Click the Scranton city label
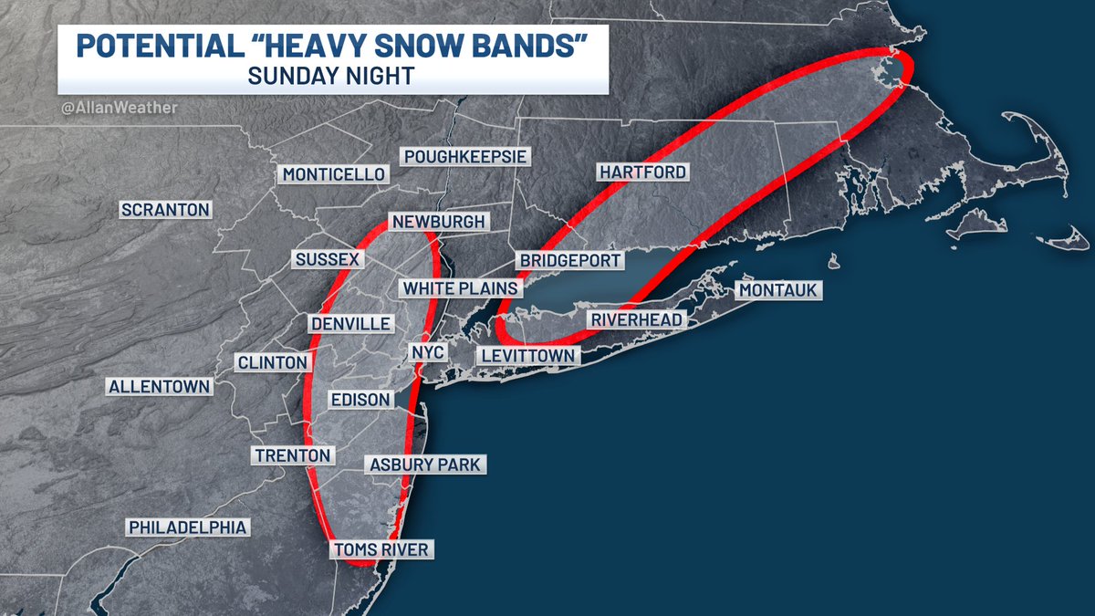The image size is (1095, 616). tap(165, 210)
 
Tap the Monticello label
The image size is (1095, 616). tap(334, 174)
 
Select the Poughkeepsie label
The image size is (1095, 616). tap(465, 157)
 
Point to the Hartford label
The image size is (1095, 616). tap(641, 172)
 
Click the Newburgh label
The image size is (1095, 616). tap(438, 222)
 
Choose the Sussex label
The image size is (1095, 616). tap(328, 260)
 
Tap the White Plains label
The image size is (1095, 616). tap(460, 288)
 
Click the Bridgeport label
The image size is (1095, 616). tap(570, 260)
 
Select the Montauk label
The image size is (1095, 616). tap(779, 290)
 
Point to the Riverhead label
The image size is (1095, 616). tap(636, 320)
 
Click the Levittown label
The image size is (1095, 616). tap(528, 355)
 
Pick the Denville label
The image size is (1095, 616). tap(350, 324)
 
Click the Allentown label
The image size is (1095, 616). tap(159, 386)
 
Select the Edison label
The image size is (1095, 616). tap(361, 400)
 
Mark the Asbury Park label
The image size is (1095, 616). tap(424, 465)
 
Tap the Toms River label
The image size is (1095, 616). tap(381, 549)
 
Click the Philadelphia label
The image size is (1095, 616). tap(187, 527)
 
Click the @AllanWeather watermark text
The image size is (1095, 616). tap(120, 109)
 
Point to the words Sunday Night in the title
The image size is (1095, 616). tap(333, 77)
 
